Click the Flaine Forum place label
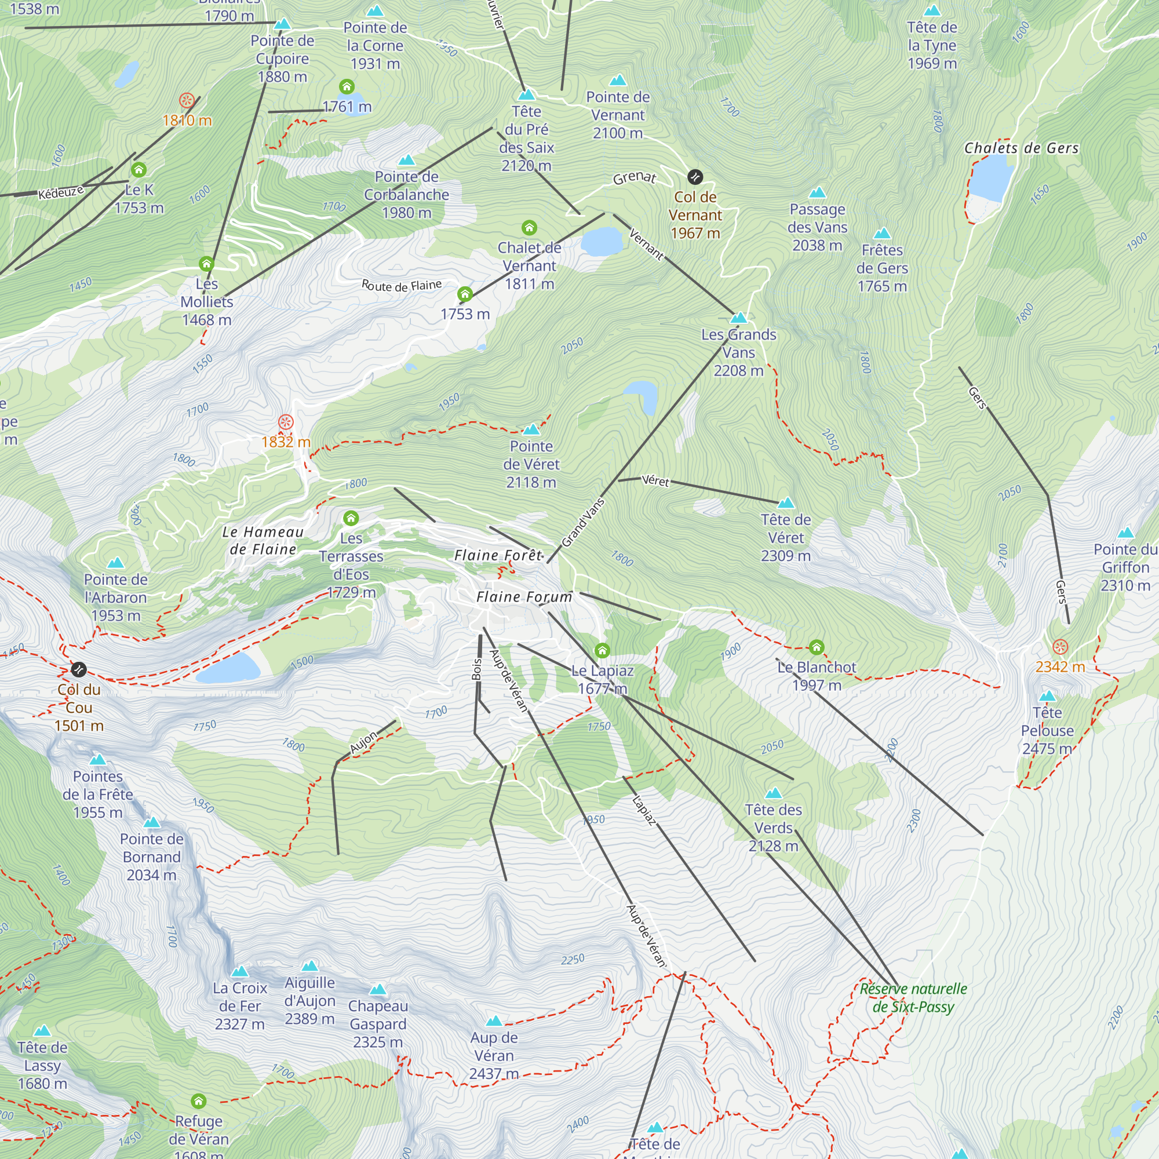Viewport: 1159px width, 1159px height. [x=524, y=597]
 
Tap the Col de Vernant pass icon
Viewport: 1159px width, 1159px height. [x=695, y=176]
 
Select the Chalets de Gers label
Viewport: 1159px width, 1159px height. [x=1021, y=148]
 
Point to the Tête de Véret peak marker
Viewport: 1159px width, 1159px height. [x=786, y=502]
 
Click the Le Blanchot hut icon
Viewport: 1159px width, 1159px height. [x=816, y=647]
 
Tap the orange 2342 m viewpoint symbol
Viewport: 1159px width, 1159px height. [x=1060, y=647]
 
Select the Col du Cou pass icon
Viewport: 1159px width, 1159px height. [x=79, y=669]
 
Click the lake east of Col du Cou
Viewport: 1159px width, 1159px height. [x=228, y=668]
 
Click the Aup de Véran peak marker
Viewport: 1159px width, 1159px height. [x=494, y=1021]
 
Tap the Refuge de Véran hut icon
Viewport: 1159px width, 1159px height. [x=199, y=1101]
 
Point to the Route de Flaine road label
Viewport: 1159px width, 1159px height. [x=402, y=286]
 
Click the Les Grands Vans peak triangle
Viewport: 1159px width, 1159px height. [x=738, y=318]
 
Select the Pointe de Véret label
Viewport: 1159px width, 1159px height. [x=531, y=464]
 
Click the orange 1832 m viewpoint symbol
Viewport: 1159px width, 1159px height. [x=286, y=422]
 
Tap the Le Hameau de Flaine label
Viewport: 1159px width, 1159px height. [x=263, y=540]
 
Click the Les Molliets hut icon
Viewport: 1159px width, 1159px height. [x=206, y=263]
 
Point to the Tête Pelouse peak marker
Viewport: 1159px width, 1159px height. [x=1047, y=696]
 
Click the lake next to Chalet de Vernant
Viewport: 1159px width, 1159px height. [x=602, y=241]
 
